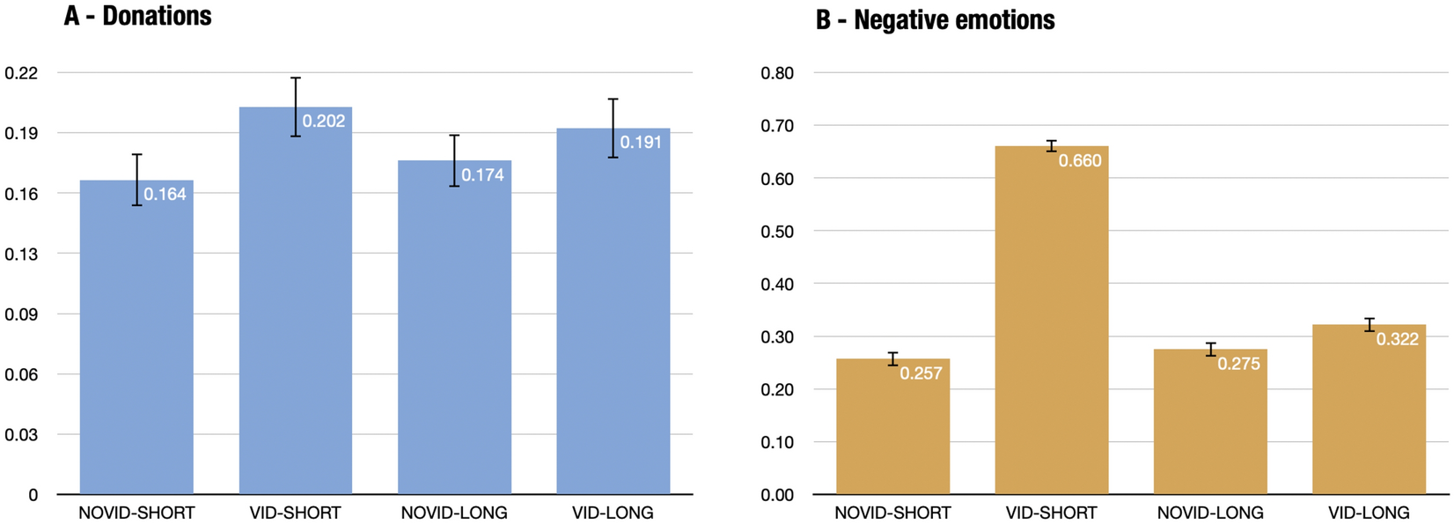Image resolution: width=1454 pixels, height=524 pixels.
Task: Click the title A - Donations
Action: pos(137,16)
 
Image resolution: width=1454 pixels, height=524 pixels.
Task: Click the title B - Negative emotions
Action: pos(935,19)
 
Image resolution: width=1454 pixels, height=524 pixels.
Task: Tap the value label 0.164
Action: pos(165,195)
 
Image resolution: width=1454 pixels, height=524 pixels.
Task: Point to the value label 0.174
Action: pos(482,175)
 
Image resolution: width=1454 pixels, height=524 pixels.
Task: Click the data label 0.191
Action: pos(641,143)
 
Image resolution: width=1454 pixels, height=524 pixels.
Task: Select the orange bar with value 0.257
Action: pos(892,432)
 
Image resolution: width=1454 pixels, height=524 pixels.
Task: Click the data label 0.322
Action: pos(1397,339)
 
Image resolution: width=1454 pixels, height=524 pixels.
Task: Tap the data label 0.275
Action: pos(1238,364)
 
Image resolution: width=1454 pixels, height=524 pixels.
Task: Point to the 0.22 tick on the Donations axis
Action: pos(21,73)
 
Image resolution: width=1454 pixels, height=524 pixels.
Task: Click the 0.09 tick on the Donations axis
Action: pos(21,314)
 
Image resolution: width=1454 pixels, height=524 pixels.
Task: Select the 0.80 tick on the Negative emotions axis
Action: pos(777,73)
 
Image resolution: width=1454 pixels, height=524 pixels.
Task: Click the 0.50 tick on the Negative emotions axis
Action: pos(777,232)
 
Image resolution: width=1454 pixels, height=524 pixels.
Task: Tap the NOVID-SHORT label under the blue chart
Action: pos(136,513)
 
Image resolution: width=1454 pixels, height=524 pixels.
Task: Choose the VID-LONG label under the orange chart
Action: pos(1369,513)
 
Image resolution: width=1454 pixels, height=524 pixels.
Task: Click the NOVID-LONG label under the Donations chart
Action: pos(454,513)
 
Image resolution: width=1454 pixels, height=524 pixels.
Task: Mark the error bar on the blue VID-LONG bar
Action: pos(613,128)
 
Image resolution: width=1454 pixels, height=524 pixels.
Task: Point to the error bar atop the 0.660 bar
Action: pos(1051,146)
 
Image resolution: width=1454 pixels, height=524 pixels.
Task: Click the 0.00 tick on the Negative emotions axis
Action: pos(777,495)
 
